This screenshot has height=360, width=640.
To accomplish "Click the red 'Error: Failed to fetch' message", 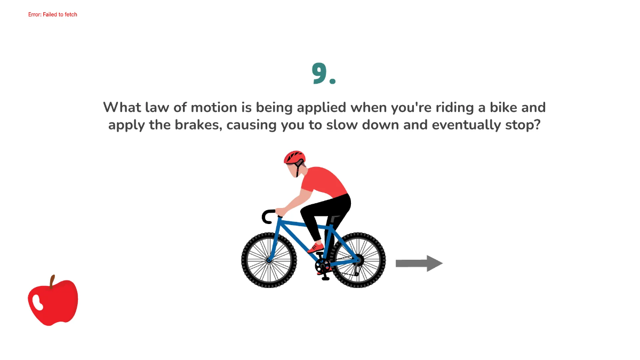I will (53, 14).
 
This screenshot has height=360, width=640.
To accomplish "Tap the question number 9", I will (323, 74).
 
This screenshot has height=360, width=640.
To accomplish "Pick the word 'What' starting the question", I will (122, 107).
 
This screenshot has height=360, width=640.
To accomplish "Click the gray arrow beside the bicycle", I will (419, 263).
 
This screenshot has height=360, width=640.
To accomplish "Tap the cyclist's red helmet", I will (294, 157).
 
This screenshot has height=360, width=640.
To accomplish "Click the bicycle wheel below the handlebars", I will (269, 260).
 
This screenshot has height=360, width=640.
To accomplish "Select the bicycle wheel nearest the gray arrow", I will (358, 260).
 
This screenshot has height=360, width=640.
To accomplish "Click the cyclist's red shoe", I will (315, 248).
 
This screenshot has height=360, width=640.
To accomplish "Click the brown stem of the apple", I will (52, 281).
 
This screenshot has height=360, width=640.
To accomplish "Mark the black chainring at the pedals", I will (323, 265).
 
